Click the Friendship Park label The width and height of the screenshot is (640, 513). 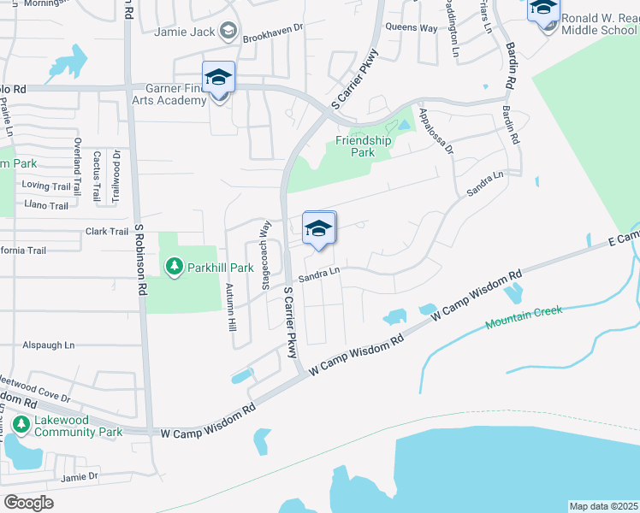(x=363, y=146)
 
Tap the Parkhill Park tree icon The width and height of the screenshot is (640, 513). (x=175, y=268)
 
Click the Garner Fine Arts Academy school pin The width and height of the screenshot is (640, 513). (x=218, y=79)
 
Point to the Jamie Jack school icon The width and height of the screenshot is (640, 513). (x=228, y=32)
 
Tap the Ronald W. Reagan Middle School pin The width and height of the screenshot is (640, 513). (x=543, y=10)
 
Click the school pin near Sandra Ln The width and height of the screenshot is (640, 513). (x=319, y=228)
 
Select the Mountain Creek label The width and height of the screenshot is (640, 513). (x=524, y=317)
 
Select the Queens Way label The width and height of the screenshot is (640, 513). (x=412, y=27)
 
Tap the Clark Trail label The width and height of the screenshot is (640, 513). (x=107, y=232)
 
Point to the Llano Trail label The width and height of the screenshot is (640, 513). (x=45, y=206)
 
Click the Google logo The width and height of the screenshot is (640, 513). (x=28, y=502)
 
